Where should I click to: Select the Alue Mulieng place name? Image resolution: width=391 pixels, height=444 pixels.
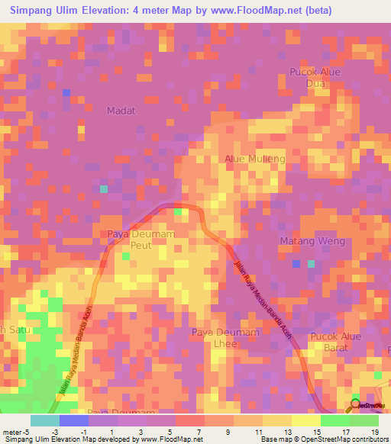254,159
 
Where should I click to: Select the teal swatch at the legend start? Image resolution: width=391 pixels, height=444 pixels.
44,420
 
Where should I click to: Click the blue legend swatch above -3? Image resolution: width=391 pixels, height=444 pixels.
73,420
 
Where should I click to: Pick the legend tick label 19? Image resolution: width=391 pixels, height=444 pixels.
374,431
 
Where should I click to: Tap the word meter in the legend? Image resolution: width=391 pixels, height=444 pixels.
13,431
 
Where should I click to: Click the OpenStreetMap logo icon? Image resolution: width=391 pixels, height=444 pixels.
354,405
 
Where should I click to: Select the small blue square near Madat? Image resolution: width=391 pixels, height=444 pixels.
66,93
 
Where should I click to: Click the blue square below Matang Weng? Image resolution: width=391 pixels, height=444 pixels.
296,264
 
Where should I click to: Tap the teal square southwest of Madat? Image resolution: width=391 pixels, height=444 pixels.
104,188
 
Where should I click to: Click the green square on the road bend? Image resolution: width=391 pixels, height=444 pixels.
178,211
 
